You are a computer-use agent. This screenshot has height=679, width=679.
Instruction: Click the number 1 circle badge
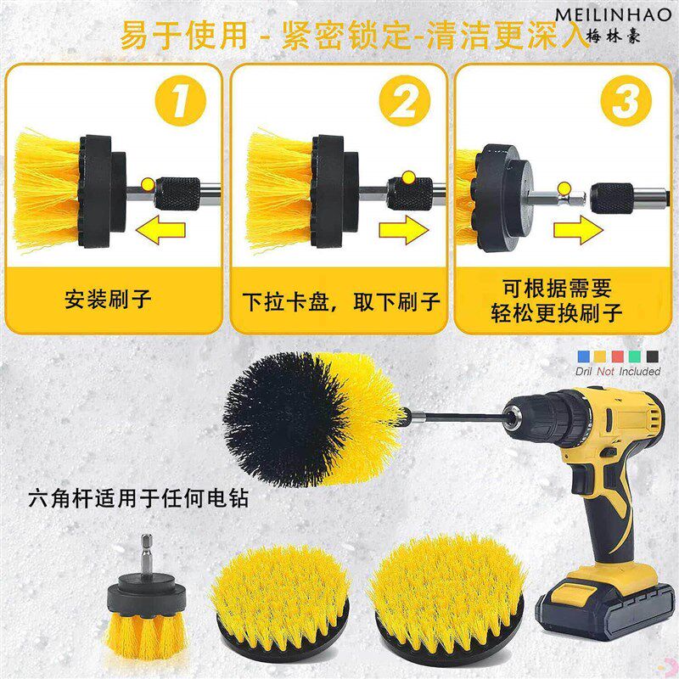181,100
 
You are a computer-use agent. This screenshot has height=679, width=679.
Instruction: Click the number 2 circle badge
405,100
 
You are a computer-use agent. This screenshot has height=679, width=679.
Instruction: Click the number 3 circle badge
626,100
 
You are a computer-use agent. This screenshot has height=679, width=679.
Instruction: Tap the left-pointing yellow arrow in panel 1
160,229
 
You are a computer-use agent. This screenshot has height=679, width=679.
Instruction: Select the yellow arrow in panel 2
404,229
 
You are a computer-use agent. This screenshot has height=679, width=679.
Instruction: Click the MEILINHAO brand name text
613,14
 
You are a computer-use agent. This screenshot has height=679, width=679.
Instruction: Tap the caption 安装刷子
108,300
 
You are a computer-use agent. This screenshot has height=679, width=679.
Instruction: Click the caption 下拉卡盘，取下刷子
341,301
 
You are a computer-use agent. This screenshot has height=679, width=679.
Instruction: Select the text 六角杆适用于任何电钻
138,498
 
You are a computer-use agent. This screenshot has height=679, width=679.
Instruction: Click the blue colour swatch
583,356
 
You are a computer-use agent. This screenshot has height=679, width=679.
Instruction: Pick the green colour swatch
635,356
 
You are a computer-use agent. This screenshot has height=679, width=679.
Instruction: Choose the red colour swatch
618,356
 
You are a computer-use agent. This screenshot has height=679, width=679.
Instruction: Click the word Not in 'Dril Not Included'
605,372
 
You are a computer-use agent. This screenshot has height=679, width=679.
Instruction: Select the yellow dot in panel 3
564,188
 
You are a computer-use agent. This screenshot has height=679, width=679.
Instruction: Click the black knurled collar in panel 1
179,194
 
